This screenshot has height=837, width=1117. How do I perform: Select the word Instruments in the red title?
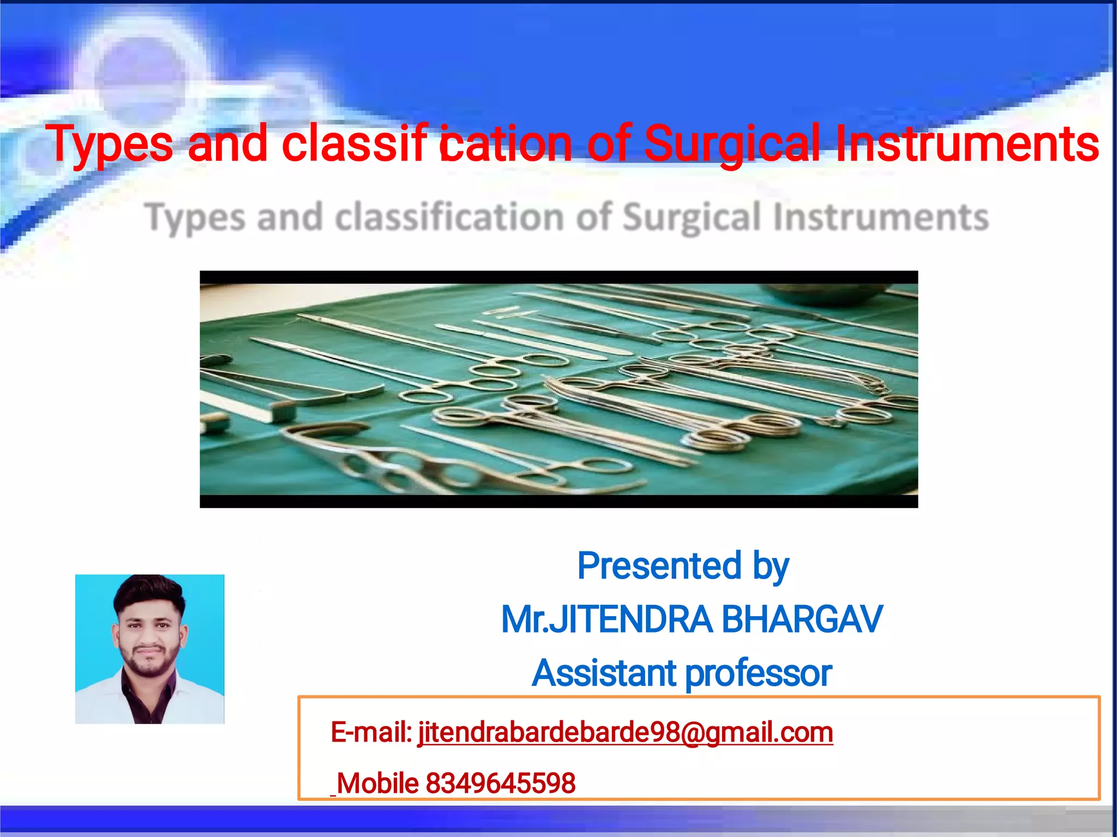point(966,143)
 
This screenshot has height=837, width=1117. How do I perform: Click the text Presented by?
point(683,566)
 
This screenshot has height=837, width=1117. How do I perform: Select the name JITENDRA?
point(630,619)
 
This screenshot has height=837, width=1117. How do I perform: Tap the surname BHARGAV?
point(802,619)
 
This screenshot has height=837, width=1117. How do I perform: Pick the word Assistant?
point(604,673)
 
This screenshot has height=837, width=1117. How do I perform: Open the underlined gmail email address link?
point(625,732)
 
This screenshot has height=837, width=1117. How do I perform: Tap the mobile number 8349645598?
point(500,784)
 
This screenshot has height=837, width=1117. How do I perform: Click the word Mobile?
point(377,784)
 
